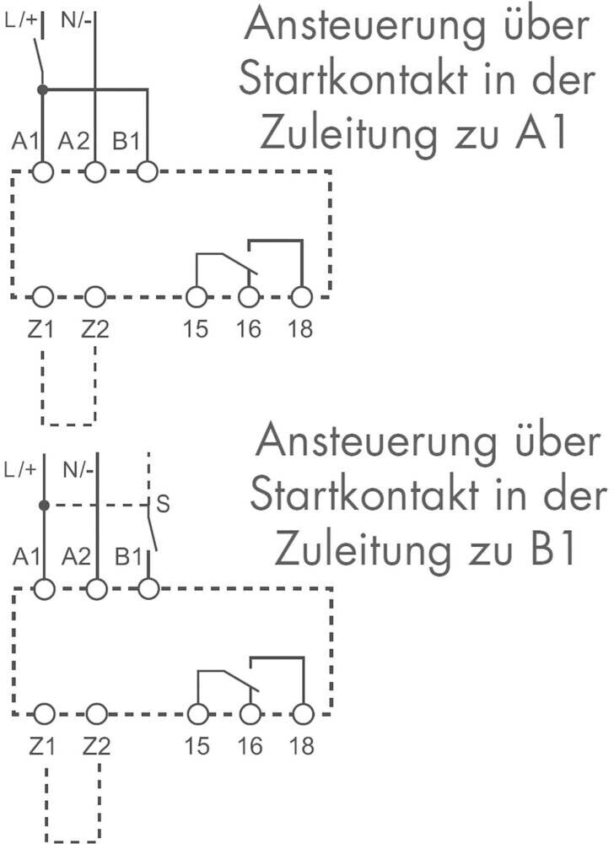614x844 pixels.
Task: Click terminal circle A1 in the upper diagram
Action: [43, 171]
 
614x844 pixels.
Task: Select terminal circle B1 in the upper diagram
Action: [148, 171]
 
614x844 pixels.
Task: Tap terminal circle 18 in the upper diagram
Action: [301, 296]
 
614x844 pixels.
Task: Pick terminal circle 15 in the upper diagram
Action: [196, 296]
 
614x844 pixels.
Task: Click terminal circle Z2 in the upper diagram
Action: [95, 296]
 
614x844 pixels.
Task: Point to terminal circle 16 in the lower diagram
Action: [249, 714]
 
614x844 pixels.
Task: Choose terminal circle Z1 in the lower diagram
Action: [44, 714]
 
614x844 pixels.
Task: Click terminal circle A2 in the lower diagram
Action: [96, 588]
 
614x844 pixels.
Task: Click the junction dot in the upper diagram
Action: [43, 89]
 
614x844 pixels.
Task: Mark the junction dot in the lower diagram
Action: [44, 506]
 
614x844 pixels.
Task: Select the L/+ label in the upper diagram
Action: [22, 18]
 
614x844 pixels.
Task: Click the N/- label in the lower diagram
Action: [81, 469]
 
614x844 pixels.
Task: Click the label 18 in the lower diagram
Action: [301, 746]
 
